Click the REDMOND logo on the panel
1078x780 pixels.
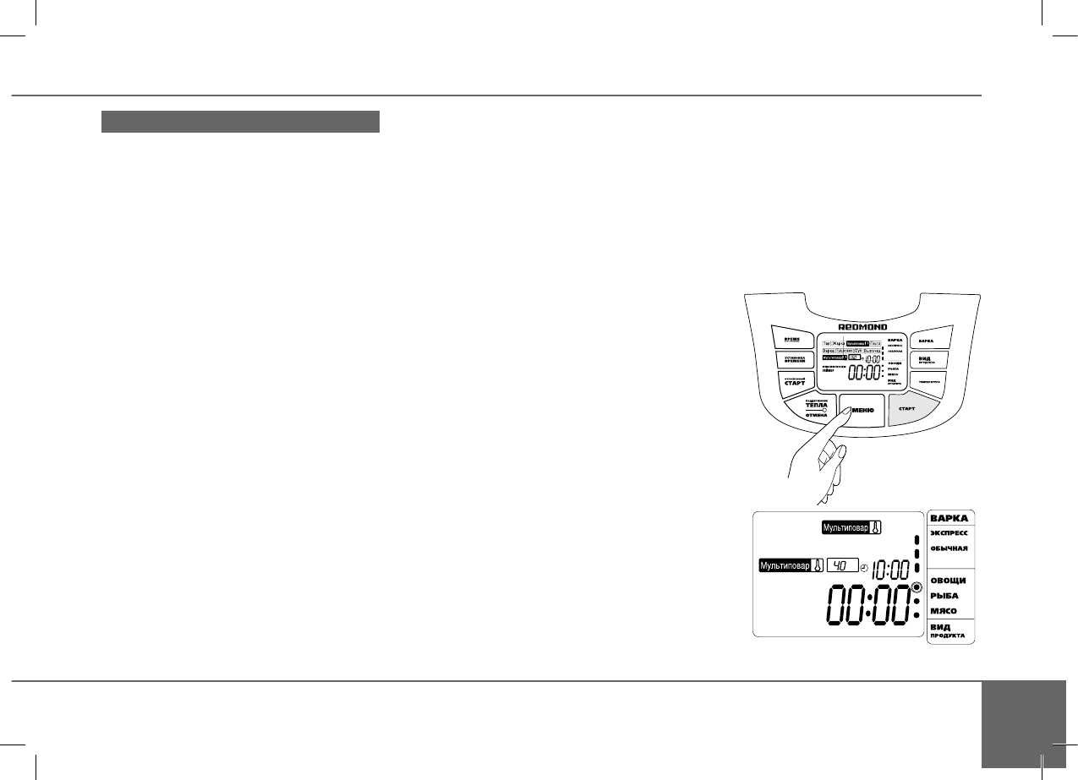click(862, 323)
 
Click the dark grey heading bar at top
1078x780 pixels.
click(240, 122)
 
